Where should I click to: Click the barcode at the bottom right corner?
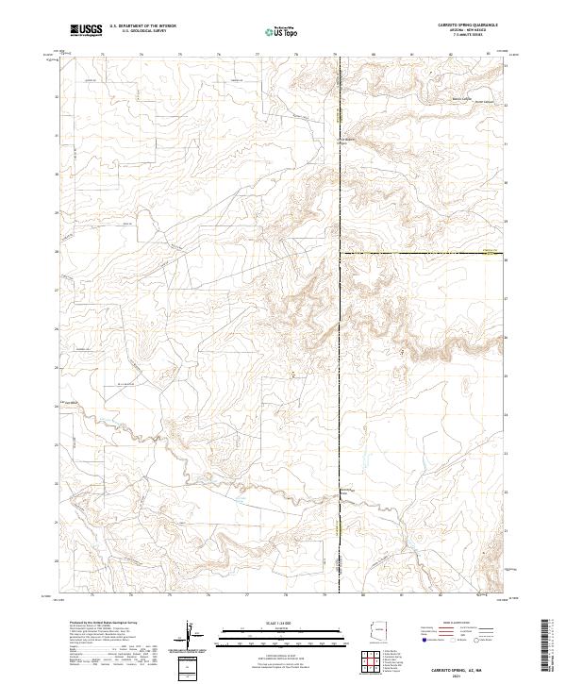[550, 646]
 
